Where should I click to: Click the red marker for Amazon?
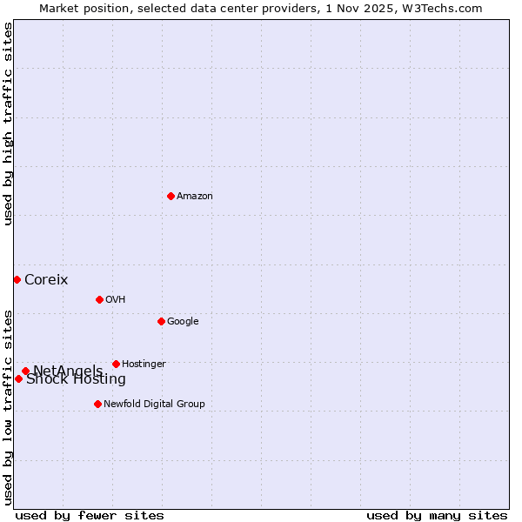(x=171, y=196)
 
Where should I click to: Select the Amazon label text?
(x=195, y=197)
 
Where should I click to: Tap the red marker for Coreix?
(x=17, y=279)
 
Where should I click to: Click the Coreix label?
(x=46, y=280)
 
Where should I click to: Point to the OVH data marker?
(x=99, y=299)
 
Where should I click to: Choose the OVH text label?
(x=116, y=300)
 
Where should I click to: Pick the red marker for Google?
(x=161, y=321)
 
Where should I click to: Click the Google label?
(x=183, y=322)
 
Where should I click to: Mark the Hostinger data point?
(x=116, y=364)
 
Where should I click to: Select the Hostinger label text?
(x=144, y=365)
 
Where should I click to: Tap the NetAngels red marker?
(x=25, y=371)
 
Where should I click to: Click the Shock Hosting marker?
(x=18, y=378)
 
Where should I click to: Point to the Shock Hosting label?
(x=76, y=379)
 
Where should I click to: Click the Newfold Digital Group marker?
(x=97, y=404)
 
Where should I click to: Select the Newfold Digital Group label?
(x=154, y=405)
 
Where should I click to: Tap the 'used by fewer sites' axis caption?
(x=90, y=516)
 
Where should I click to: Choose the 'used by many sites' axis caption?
(x=437, y=516)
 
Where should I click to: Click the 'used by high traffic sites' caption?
(x=9, y=124)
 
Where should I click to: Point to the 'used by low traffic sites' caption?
(x=9, y=407)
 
